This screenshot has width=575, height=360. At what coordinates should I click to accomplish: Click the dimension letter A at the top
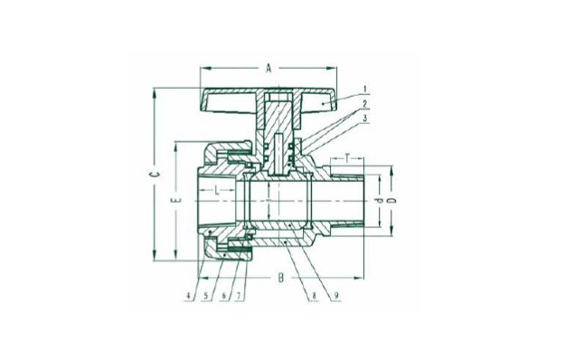[x=269, y=68]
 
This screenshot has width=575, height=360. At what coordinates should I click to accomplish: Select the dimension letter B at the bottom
[x=280, y=278]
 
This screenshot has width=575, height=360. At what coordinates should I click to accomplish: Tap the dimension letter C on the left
[x=156, y=174]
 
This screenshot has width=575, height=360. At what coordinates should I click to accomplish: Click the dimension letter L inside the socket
[x=217, y=190]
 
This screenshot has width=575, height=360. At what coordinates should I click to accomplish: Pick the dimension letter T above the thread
[x=347, y=158]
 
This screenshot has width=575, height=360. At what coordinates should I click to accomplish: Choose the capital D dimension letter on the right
[x=392, y=201]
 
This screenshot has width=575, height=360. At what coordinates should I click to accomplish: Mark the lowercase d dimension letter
[x=379, y=201]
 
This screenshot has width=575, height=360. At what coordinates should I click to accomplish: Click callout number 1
[x=365, y=90]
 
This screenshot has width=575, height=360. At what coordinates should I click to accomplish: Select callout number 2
[x=364, y=104]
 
